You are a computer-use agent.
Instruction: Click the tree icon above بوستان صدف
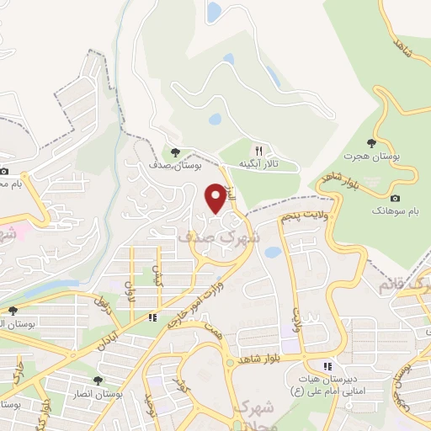point(175,152)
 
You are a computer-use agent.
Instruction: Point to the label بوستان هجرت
point(371,157)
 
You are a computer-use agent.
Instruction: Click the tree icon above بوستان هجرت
point(372,142)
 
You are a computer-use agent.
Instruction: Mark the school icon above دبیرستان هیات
point(329,366)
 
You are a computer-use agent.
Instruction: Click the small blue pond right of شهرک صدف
point(271,252)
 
